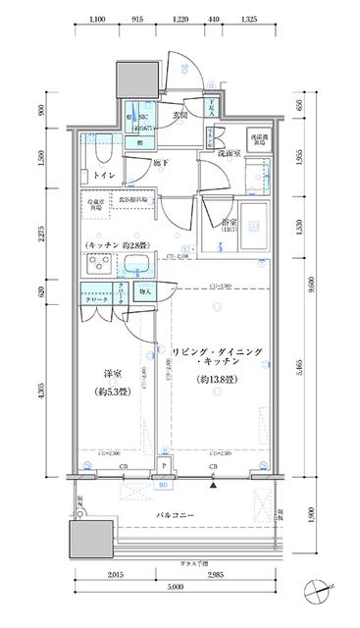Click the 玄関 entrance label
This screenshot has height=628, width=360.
click(180, 115)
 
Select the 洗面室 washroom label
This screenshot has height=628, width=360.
click(229, 154)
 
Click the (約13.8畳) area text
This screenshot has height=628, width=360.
click(213, 378)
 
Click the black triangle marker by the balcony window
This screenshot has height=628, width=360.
click(213, 484)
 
